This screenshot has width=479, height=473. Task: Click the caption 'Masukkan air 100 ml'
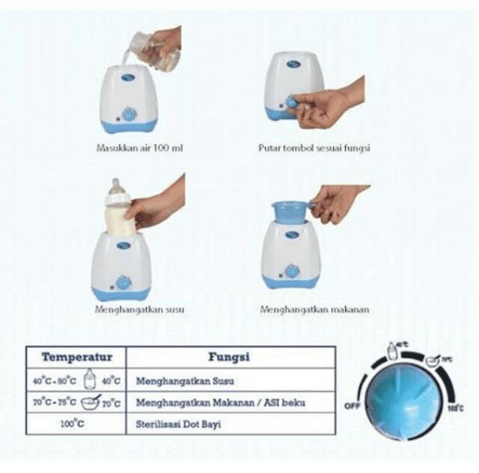point(140,148)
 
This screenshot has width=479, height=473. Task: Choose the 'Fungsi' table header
point(228,357)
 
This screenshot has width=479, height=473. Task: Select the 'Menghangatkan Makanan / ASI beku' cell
point(221,402)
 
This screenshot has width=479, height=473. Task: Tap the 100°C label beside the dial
point(453,409)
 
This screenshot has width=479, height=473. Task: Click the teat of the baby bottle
point(116,184)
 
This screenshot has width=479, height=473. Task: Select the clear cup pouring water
point(138,46)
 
